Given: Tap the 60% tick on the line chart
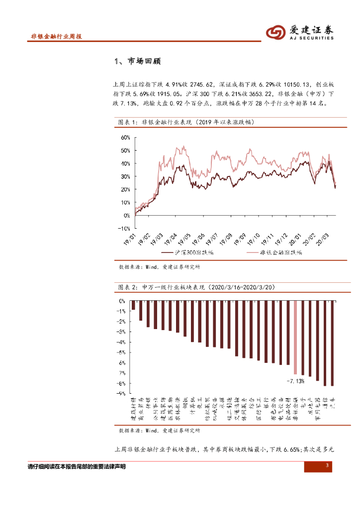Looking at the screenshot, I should pos(125,137).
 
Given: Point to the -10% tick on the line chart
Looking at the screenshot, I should pos(124,228).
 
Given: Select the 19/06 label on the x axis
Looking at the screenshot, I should pos(197,238).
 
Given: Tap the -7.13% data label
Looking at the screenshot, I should pos(295,381).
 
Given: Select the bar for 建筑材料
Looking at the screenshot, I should pos(133,305).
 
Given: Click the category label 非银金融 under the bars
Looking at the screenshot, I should pos(295,409).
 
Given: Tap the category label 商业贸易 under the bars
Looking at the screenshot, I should pos(141,409).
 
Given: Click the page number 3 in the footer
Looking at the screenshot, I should pos(327,466).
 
